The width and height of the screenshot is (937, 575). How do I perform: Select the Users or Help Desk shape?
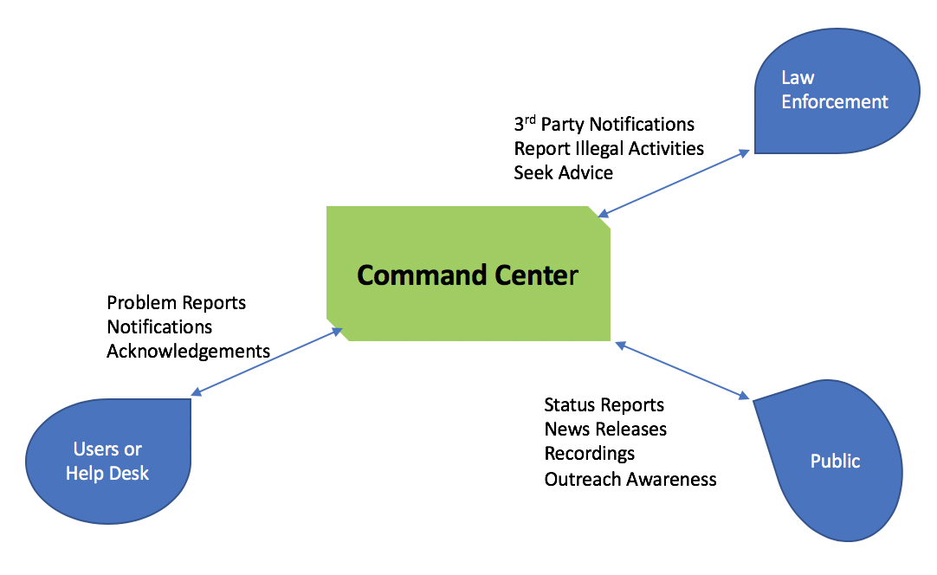pos(108,461)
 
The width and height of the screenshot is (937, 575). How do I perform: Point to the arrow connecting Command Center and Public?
pos(682,371)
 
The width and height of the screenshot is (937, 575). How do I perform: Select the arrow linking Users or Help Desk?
pos(268,362)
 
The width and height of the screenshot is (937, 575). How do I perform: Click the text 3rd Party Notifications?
pos(604,125)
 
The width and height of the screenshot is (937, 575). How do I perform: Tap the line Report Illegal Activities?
pos(609,149)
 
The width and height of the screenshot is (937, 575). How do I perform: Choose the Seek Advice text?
pos(563,173)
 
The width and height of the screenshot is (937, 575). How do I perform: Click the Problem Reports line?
pos(177,303)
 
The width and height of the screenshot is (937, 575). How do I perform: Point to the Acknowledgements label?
pos(188,352)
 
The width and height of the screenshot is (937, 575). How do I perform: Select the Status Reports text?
pos(604,405)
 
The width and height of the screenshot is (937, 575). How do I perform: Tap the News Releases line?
pos(605,430)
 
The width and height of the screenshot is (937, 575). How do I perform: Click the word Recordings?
pos(589,454)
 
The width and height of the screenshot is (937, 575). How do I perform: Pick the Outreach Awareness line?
pos(630,479)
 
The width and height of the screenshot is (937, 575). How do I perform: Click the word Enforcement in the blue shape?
pos(834,102)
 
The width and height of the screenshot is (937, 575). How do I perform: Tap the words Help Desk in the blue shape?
pos(107,474)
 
